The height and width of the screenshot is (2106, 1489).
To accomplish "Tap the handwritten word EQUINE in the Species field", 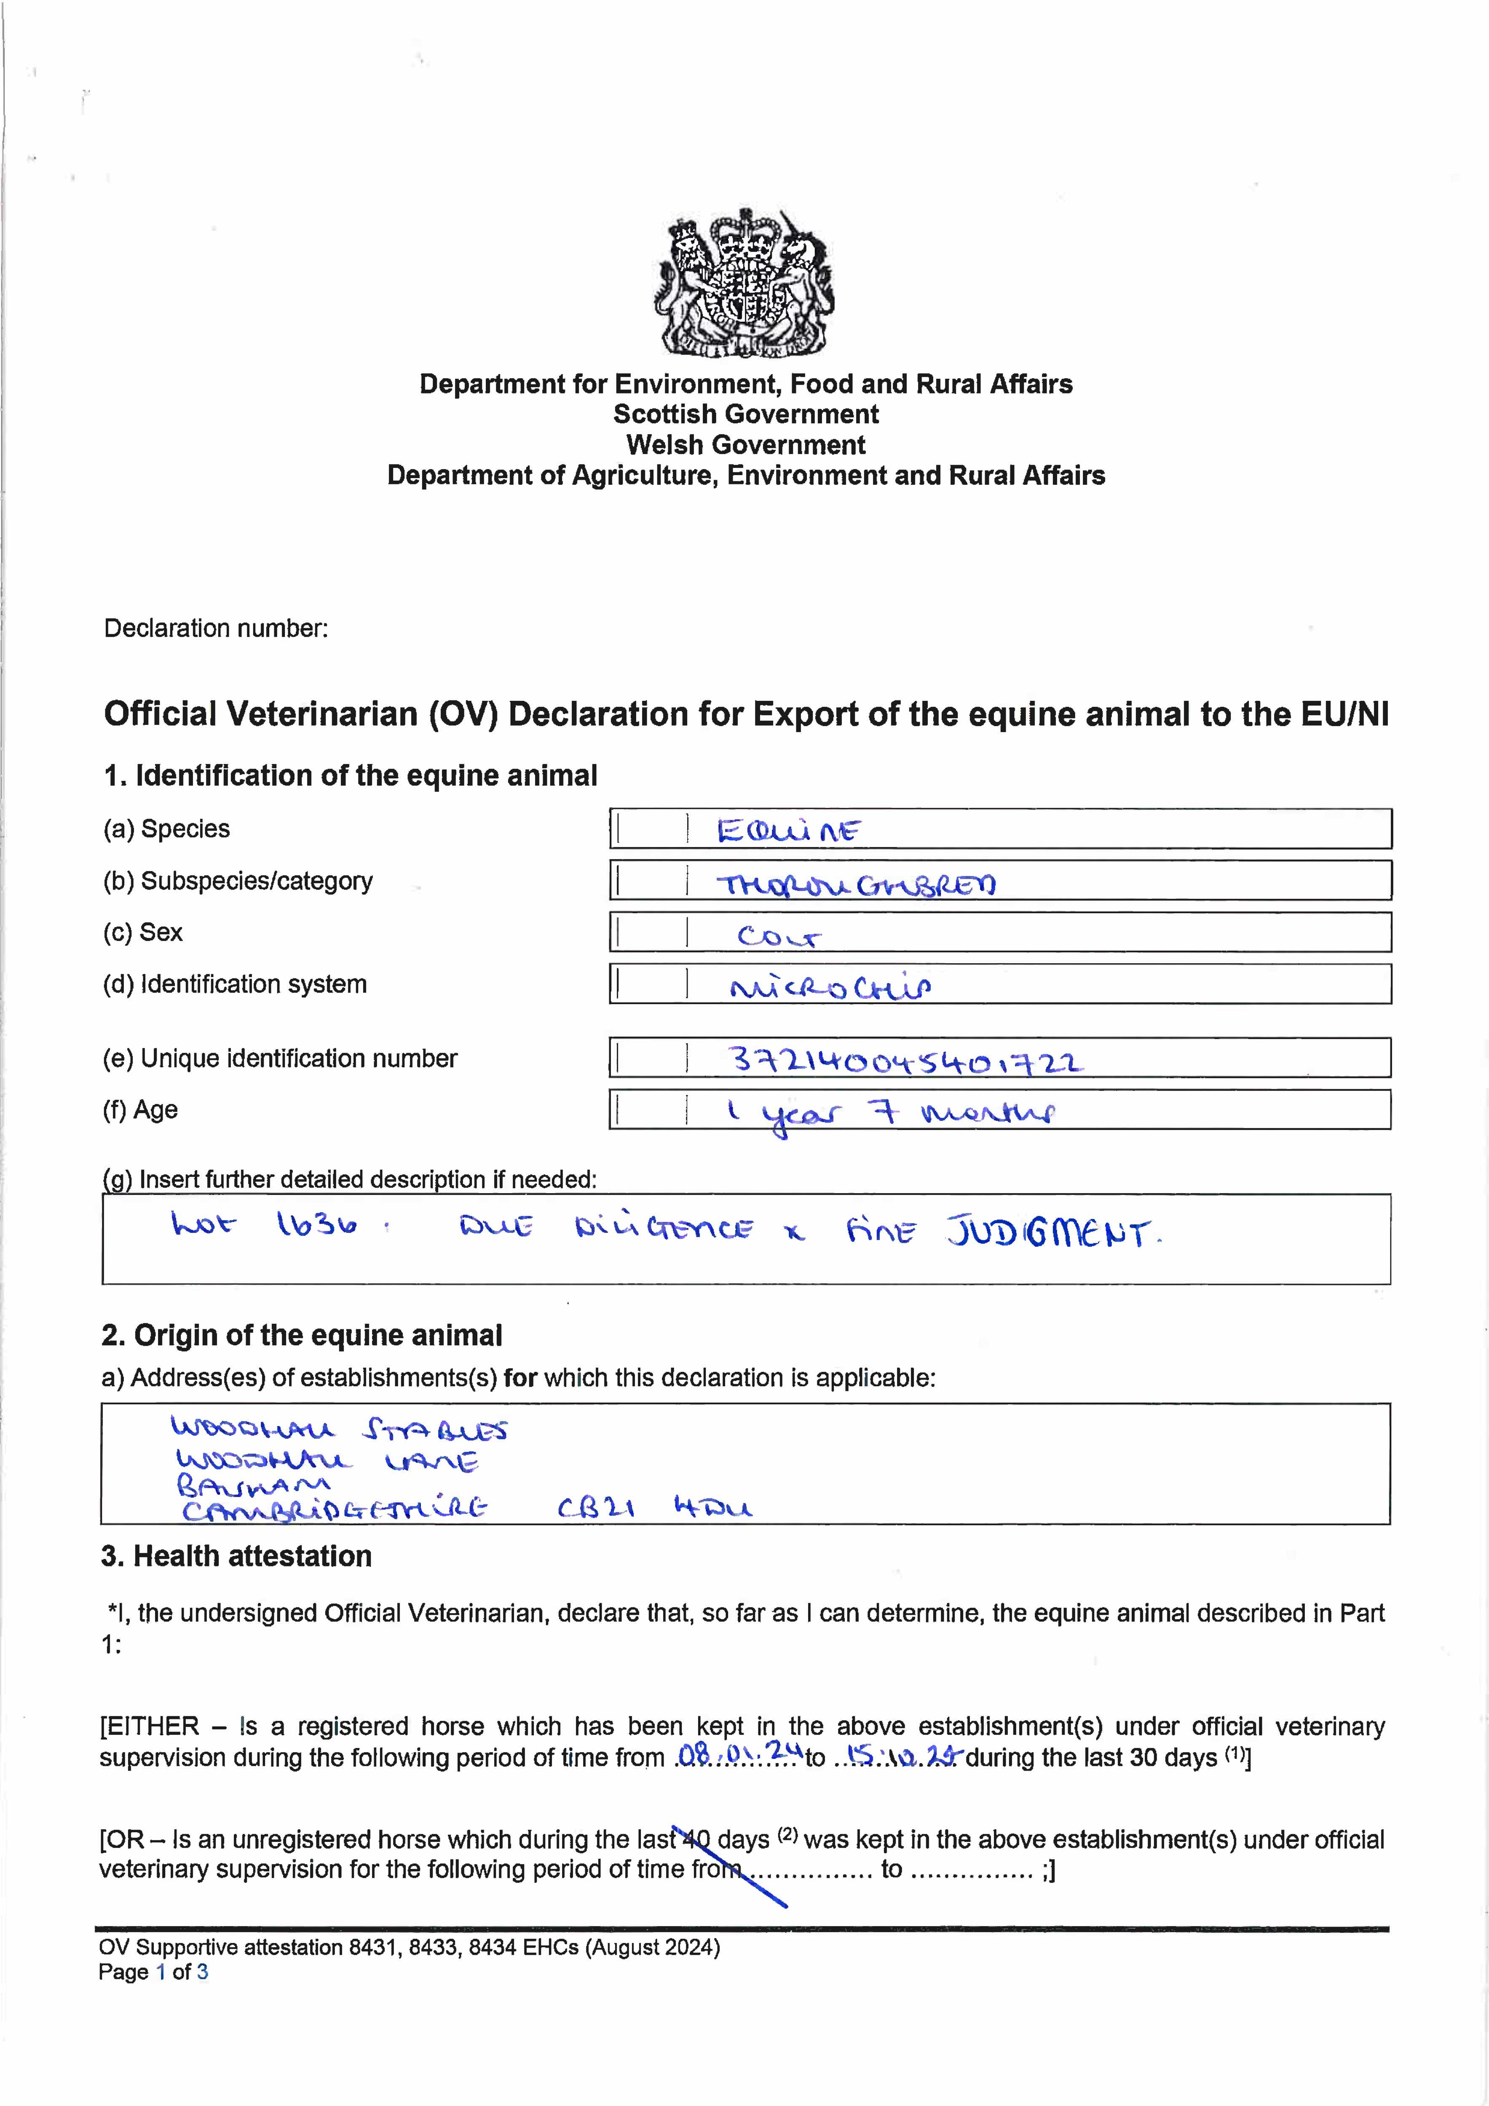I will coord(788,831).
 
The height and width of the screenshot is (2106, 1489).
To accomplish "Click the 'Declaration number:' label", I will coord(216,628).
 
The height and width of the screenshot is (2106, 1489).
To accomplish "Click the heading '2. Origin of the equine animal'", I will coord(302,1336).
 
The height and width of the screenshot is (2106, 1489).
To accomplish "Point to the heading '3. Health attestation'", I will coord(237,1557).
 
